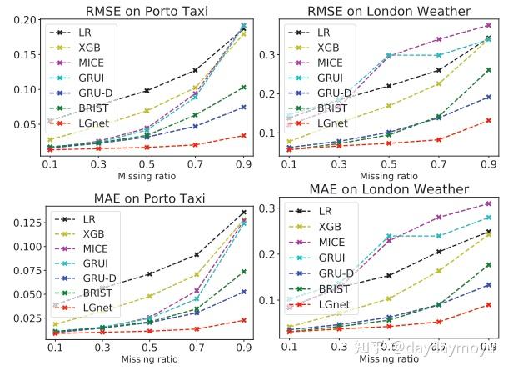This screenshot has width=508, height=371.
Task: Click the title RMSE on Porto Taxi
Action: [x=147, y=10]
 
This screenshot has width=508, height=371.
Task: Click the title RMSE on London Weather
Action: [x=388, y=10]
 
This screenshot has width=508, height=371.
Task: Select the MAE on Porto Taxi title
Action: [x=147, y=197]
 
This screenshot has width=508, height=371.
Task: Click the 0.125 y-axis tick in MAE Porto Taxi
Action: [x=24, y=223]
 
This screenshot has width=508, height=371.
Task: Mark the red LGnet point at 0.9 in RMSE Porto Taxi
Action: [x=243, y=135]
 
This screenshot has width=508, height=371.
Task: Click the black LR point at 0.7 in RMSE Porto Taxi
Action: [x=195, y=70]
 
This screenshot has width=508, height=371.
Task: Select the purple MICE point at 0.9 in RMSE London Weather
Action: [x=487, y=26]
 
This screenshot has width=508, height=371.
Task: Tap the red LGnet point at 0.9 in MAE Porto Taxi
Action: [x=243, y=320]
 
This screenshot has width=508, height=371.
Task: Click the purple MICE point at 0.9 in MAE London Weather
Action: [x=487, y=203]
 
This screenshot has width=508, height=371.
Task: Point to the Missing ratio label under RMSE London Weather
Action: [x=388, y=176]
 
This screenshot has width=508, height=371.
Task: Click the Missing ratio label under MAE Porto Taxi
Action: [x=147, y=359]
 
